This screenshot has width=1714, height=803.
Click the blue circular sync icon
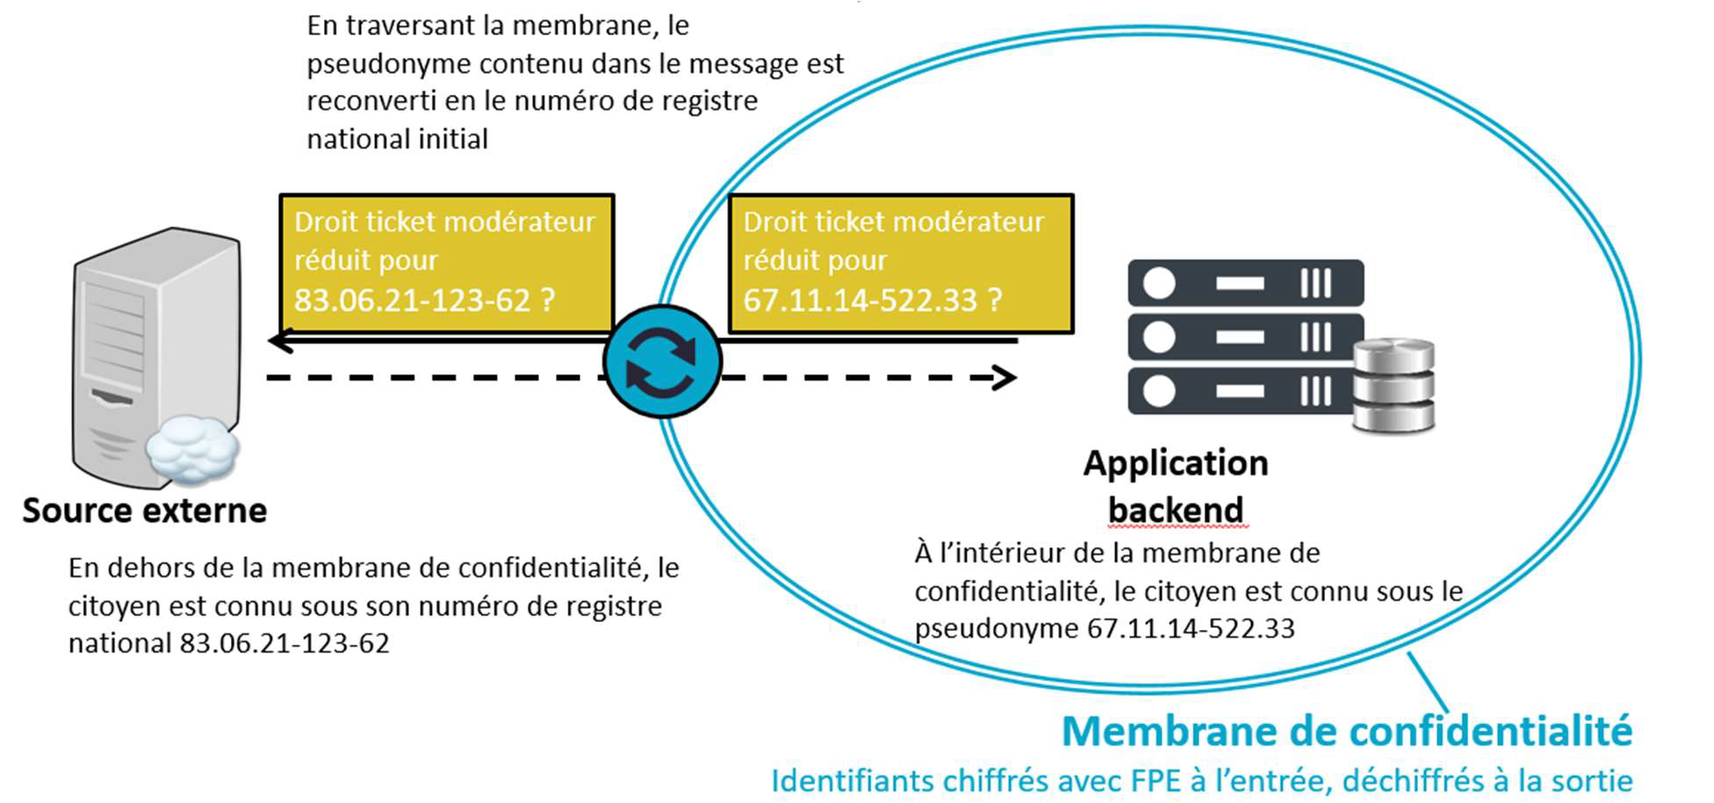click(662, 361)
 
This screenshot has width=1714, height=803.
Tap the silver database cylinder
click(1394, 386)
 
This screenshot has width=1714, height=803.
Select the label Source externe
click(145, 510)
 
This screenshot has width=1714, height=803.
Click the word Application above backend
click(1176, 463)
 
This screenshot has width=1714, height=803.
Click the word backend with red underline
click(1176, 510)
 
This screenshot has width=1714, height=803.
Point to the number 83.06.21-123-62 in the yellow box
click(413, 300)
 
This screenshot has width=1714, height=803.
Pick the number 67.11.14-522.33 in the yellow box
click(861, 300)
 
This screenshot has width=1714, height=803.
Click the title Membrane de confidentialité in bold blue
click(1347, 731)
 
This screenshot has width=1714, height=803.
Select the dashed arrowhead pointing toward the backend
click(1004, 378)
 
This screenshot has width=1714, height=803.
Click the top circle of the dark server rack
click(1159, 283)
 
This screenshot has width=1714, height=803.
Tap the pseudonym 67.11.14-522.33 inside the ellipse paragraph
click(1191, 628)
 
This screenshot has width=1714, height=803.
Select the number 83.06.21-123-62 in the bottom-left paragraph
click(284, 643)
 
